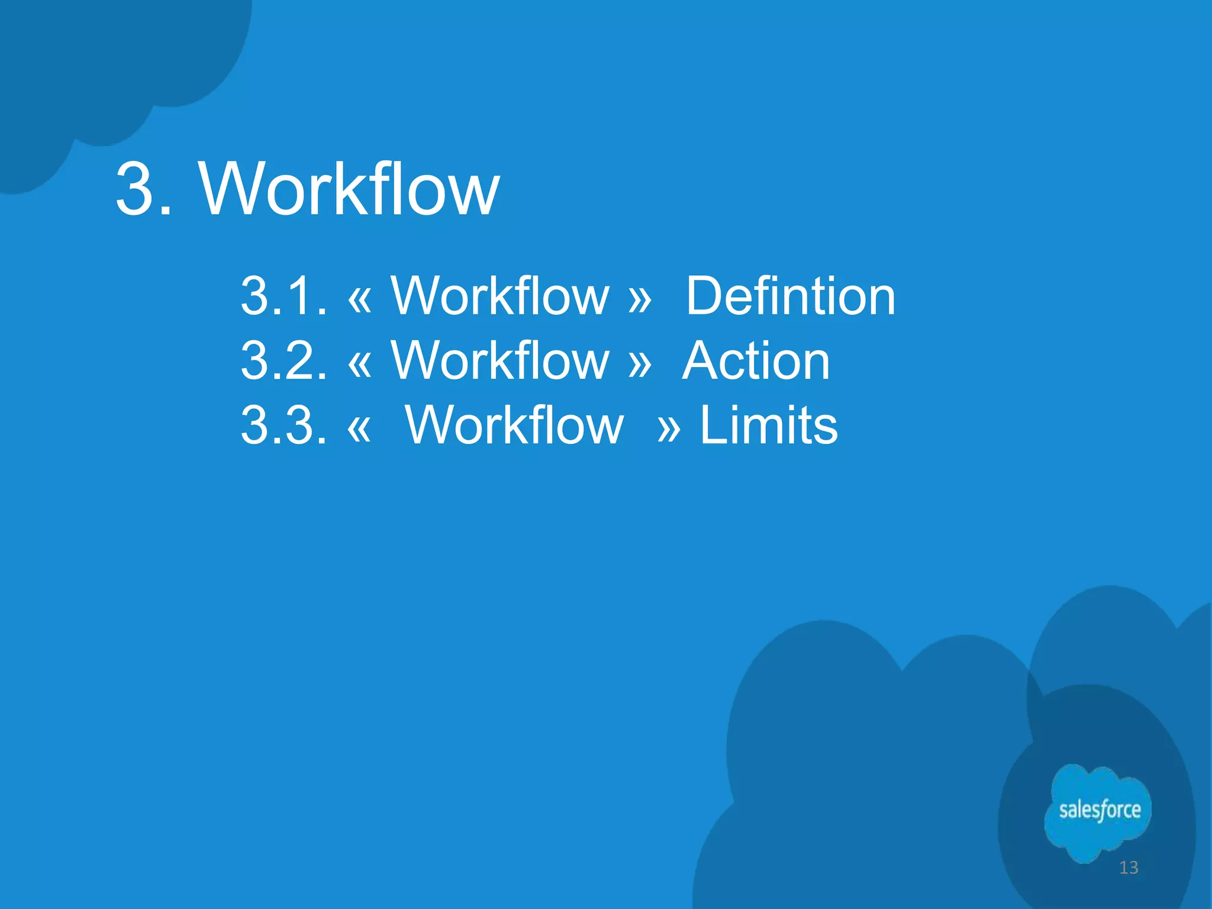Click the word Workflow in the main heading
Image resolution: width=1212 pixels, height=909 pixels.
click(x=349, y=189)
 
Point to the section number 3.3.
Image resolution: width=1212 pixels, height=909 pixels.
click(x=283, y=424)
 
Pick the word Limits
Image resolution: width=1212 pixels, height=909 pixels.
click(x=769, y=424)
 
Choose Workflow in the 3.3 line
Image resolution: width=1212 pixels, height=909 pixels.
click(x=514, y=424)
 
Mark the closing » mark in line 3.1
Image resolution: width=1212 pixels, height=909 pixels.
click(x=640, y=298)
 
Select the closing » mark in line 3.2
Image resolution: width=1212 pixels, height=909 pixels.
click(x=640, y=363)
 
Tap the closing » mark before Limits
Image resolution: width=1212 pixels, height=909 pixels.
click(x=669, y=427)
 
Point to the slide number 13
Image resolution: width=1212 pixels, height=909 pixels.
click(x=1129, y=868)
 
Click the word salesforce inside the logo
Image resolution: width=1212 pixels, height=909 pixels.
click(x=1100, y=810)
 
